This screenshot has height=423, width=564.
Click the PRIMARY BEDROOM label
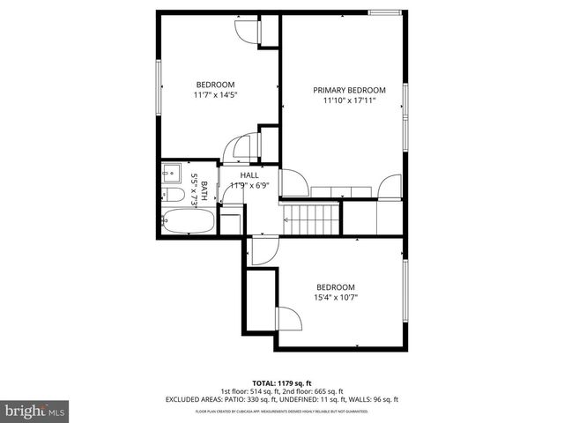point(350,90)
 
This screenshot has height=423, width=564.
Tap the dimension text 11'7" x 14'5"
point(216,94)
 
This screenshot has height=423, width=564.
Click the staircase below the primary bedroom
point(310,217)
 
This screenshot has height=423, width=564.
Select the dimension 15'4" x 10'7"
point(336,297)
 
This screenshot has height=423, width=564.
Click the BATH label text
point(204,190)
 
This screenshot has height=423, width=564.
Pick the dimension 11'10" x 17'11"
point(350,100)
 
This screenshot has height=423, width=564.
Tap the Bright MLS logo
point(35,411)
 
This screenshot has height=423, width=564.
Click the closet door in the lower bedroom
point(286,318)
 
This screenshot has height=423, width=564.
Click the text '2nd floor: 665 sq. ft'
point(313,391)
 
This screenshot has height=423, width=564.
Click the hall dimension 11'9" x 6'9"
point(249,185)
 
